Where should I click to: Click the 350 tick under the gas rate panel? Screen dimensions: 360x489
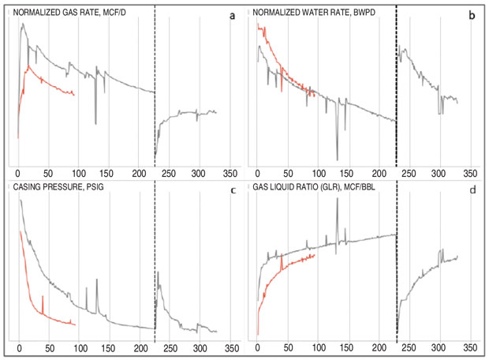tap(229, 172)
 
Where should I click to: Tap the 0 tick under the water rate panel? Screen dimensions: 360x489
tap(258, 172)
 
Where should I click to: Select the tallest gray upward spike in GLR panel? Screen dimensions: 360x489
tap(338, 200)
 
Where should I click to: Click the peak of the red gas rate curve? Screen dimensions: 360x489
tap(28, 66)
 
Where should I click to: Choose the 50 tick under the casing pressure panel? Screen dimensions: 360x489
tap(48, 347)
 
